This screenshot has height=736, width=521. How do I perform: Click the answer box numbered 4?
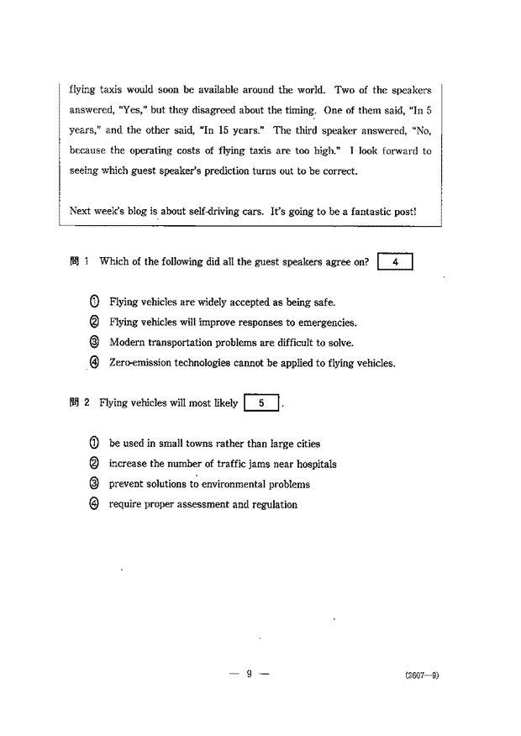[x=397, y=261]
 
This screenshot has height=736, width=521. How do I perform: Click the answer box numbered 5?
[x=263, y=403]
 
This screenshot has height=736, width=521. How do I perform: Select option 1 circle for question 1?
[x=94, y=302]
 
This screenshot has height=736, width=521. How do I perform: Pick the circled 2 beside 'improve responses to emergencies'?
[x=94, y=322]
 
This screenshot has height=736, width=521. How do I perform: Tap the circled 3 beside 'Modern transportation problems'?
[x=94, y=342]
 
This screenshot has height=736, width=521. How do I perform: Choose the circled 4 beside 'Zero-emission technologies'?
[x=94, y=363]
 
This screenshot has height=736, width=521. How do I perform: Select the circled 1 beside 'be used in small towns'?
[x=94, y=444]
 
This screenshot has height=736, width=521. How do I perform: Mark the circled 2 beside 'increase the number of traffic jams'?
[x=94, y=464]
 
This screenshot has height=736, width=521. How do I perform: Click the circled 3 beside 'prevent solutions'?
[x=94, y=484]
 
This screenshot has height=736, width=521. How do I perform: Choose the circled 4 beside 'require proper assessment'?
[x=94, y=504]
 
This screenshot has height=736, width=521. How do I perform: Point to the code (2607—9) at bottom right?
[x=421, y=675]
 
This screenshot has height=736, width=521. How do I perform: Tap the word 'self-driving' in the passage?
[x=196, y=211]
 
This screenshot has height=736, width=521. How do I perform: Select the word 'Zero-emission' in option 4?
[x=138, y=363]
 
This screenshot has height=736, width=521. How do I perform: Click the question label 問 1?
[x=80, y=261]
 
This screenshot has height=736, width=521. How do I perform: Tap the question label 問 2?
[x=80, y=403]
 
